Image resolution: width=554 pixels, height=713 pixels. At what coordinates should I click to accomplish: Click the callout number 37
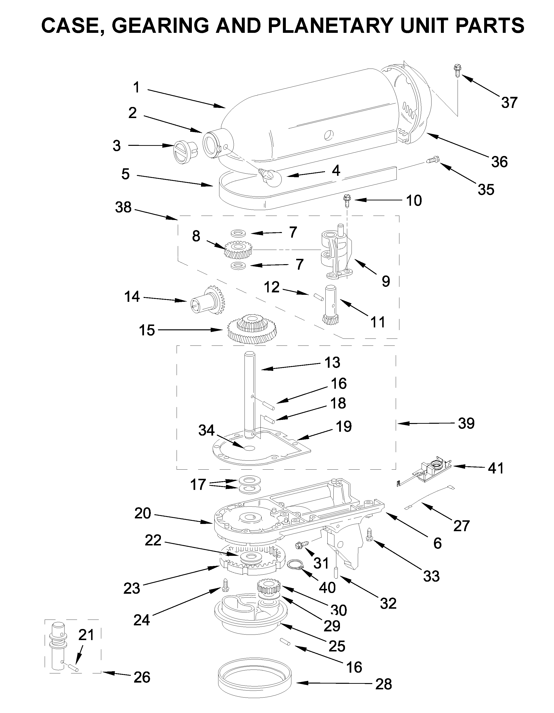pos(510,103)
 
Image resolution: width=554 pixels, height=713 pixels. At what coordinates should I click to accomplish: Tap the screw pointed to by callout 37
pos(456,71)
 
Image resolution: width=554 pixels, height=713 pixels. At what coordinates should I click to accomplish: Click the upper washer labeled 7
pos(238,233)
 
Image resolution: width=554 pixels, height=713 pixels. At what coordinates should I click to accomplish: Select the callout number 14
pos(132,297)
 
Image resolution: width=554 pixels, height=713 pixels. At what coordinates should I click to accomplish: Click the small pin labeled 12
pos(318,297)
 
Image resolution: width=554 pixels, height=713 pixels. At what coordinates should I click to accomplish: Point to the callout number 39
pos(466,424)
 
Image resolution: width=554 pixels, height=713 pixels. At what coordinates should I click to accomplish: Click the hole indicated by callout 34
pos(249,448)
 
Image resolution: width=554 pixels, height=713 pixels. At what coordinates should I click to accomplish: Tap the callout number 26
pos(142,678)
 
